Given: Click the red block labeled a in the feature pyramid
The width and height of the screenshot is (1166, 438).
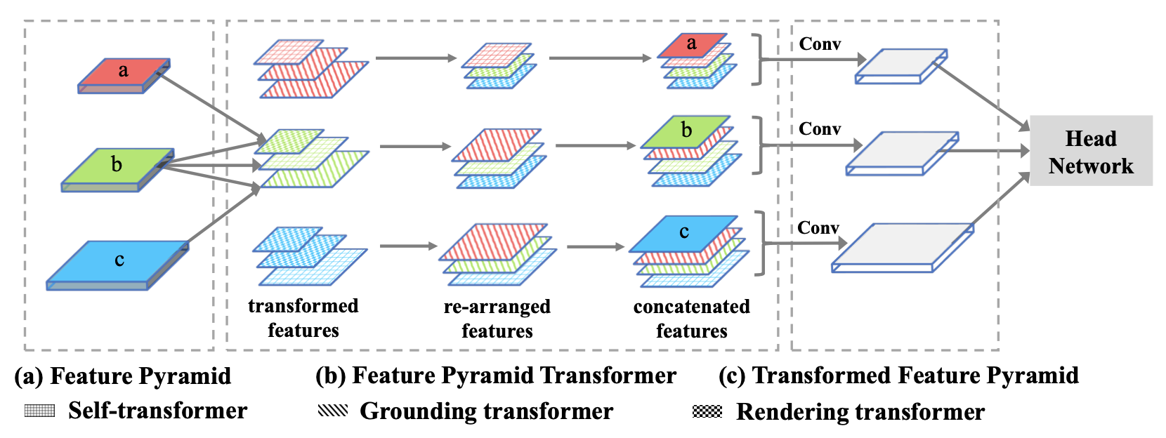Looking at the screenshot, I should tap(124, 73).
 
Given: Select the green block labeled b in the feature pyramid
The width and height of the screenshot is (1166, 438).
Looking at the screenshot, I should tap(117, 166).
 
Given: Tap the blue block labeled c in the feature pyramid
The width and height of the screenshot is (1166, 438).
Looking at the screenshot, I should tap(118, 262).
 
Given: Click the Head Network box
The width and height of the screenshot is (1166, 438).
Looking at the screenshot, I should tap(1090, 151).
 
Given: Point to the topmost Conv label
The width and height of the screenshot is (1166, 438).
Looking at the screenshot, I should tap(820, 44).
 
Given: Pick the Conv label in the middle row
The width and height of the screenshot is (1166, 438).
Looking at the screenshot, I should tap(820, 129).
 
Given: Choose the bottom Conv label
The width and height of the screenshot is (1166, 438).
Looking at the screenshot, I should tap(818, 228).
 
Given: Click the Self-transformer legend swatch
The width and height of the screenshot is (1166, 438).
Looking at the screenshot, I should tap(39, 411).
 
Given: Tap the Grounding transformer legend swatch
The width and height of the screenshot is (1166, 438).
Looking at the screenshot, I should tap(332, 411).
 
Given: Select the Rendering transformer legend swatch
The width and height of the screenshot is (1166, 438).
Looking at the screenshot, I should tap(707, 411).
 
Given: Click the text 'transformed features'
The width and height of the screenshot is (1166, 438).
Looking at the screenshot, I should tap(303, 318).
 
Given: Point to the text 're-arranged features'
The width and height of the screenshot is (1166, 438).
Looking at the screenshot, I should tap(497, 319).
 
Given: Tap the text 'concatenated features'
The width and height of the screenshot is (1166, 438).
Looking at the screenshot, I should tap(691, 319).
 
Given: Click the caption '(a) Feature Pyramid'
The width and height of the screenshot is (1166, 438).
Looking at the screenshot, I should tap(123, 376).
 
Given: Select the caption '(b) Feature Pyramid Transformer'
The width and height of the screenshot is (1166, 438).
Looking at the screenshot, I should tap(496, 376).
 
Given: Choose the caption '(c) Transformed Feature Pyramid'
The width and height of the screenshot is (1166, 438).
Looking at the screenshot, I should tap(898, 376).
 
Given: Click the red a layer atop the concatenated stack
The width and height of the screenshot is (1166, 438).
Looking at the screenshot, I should tap(692, 45).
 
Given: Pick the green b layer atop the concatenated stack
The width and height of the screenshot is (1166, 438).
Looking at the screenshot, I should tap(686, 131).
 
